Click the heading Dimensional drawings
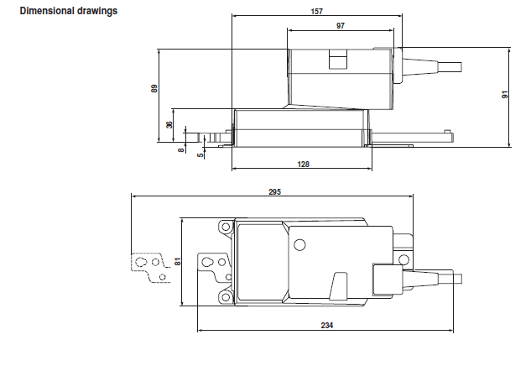pyautogui.click(x=69, y=11)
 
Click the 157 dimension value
pyautogui.click(x=316, y=12)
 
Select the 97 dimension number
pyautogui.click(x=341, y=26)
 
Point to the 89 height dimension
pyautogui.click(x=154, y=88)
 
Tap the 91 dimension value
pyautogui.click(x=505, y=95)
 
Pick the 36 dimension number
pyautogui.click(x=169, y=125)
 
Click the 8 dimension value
pyautogui.click(x=181, y=149)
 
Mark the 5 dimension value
pyautogui.click(x=200, y=154)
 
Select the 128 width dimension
pyautogui.click(x=303, y=165)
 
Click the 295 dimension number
pyautogui.click(x=274, y=192)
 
